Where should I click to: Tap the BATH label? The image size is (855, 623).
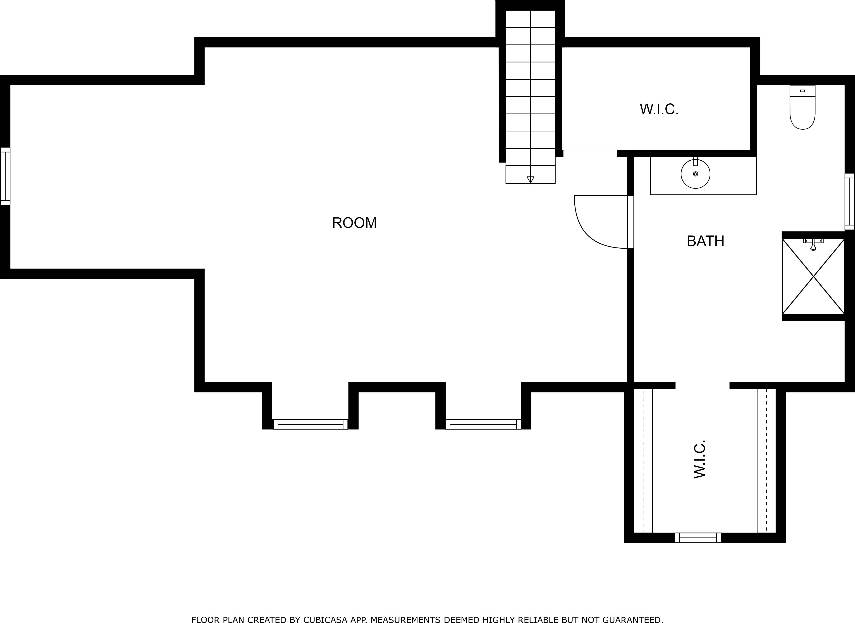(x=705, y=241)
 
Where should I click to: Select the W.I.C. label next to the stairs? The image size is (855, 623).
(x=659, y=109)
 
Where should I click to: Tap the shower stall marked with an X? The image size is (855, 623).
(x=813, y=276)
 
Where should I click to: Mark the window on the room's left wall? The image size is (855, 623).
(x=5, y=176)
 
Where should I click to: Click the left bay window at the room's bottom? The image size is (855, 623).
(x=310, y=424)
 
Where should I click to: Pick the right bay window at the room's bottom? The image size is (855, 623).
(x=483, y=424)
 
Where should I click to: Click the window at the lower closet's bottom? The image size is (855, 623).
(x=698, y=537)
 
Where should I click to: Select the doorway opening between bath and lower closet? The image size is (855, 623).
(x=702, y=385)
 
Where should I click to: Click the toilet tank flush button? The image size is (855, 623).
(x=802, y=91)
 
